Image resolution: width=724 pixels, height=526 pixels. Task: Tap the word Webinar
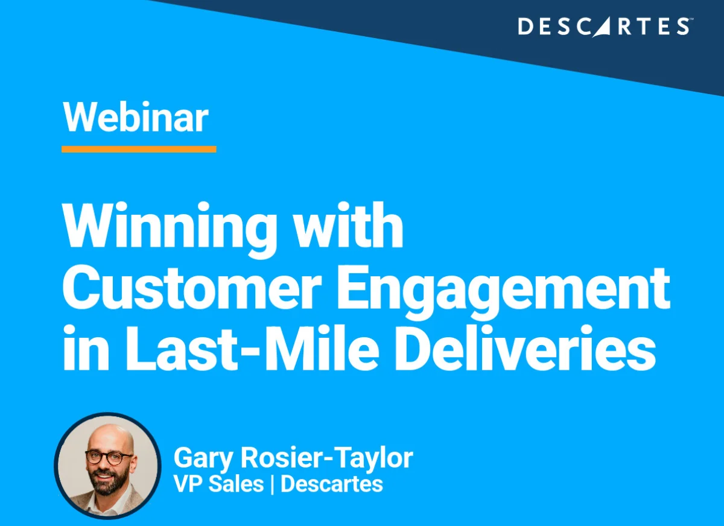pyautogui.click(x=136, y=117)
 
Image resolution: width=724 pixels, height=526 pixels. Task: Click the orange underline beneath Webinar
pyautogui.click(x=139, y=149)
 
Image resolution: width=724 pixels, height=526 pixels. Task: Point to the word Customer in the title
pyautogui.click(x=192, y=287)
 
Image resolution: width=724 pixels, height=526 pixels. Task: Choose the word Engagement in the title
pyautogui.click(x=504, y=293)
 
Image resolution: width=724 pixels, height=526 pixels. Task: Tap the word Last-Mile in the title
pyautogui.click(x=252, y=348)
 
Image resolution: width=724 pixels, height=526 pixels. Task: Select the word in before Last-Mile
pyautogui.click(x=86, y=348)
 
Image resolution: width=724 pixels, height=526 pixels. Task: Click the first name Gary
pyautogui.click(x=203, y=458)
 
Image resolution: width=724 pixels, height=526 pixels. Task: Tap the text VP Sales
pyautogui.click(x=219, y=484)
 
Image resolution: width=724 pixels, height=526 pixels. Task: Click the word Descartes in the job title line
pyautogui.click(x=332, y=484)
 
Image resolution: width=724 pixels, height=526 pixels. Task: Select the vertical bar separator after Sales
pyautogui.click(x=272, y=484)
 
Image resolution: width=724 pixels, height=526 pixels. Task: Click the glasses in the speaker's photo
pyautogui.click(x=109, y=457)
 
